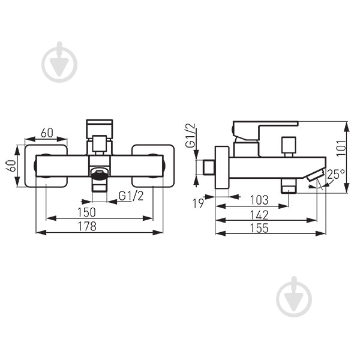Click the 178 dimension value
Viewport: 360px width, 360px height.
click(88, 227)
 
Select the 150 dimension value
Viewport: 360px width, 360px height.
click(86, 212)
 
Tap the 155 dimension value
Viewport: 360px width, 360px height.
click(259, 228)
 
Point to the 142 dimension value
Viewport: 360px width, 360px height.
click(259, 215)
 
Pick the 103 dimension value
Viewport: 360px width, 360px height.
click(259, 200)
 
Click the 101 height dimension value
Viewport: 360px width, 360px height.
click(341, 148)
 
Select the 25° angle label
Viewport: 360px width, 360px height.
click(336, 174)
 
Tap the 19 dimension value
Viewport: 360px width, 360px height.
click(198, 203)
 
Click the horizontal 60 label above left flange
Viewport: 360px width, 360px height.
click(47, 133)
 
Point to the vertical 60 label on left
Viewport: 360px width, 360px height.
click(11, 166)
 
